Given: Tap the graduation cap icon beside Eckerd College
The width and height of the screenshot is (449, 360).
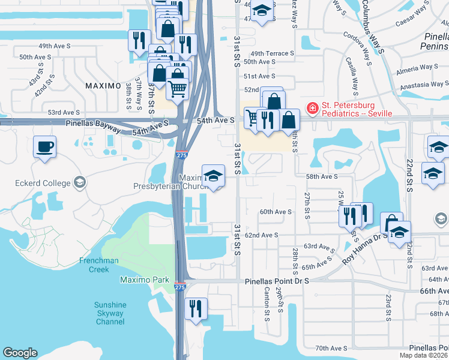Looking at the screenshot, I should [79, 182].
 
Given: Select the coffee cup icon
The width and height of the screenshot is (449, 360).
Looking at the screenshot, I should [44, 146].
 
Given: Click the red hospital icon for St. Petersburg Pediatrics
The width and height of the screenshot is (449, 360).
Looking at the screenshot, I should [312, 109].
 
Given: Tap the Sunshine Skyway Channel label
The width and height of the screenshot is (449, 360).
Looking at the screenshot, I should [110, 313].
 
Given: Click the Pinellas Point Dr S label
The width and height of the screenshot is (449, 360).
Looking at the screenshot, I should [277, 281].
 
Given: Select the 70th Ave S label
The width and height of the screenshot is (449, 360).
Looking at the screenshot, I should [331, 348].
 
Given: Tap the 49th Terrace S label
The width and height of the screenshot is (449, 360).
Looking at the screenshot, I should [273, 53].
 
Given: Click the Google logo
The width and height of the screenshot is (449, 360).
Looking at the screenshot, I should [20, 353].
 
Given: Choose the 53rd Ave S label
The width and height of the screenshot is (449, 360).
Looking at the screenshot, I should [64, 112].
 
